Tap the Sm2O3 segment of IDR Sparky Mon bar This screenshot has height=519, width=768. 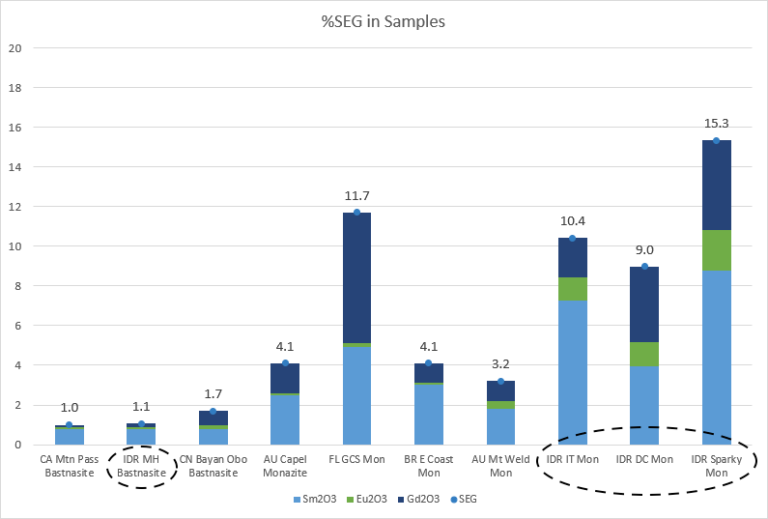716,357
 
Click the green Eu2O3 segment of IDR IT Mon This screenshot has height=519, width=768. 572,289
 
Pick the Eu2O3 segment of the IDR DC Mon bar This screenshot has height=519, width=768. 644,354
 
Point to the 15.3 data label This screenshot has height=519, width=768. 716,124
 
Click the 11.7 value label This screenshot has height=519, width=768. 356,195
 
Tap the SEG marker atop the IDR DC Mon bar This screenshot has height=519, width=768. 644,267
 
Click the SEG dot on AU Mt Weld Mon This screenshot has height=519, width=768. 500,381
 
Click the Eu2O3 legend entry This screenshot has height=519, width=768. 369,499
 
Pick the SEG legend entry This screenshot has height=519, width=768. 466,499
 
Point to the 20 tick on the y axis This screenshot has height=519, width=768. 14,48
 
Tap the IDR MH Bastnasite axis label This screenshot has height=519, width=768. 141,466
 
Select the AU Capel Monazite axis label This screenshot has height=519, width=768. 285,466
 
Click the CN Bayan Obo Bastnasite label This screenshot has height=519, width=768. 213,466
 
